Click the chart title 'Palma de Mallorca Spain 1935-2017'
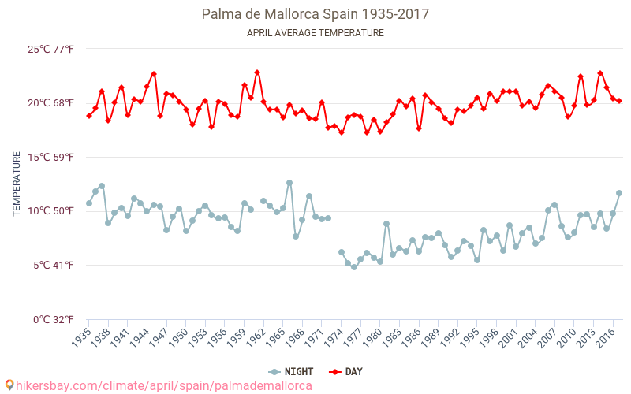(315, 14)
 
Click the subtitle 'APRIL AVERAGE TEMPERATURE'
(315, 33)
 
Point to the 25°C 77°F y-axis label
(51, 50)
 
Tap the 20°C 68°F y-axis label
(51, 103)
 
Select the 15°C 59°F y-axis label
(51, 158)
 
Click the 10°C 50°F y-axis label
(51, 211)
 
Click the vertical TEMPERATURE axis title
(17, 184)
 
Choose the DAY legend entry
(348, 371)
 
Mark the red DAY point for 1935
(89, 116)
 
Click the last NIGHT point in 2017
(619, 193)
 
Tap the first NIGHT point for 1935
(89, 203)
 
